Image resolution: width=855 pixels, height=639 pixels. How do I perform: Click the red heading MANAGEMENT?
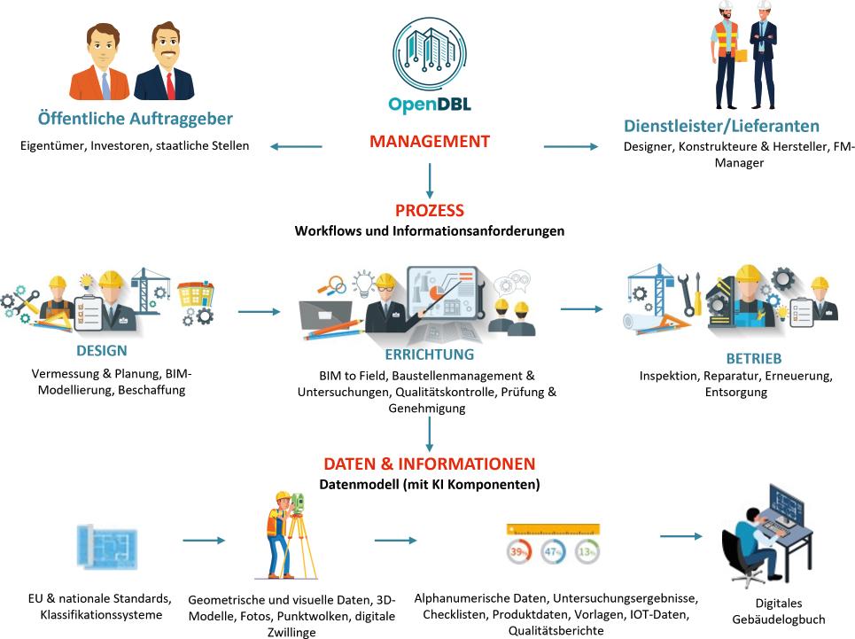tap(429, 141)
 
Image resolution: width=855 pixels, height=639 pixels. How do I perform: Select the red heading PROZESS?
tap(429, 211)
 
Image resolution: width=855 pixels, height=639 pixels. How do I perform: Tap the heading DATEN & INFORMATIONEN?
tap(429, 464)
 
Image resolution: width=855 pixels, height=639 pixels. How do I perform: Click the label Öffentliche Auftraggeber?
tap(136, 118)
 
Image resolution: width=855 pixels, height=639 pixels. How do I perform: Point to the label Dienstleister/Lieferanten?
tap(721, 126)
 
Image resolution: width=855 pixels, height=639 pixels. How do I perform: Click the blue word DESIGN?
tap(102, 350)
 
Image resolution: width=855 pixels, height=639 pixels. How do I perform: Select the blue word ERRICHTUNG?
tap(430, 355)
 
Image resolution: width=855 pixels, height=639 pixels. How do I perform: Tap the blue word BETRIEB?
tap(753, 359)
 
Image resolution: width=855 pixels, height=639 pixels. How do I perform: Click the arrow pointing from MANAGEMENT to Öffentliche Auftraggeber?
tap(296, 146)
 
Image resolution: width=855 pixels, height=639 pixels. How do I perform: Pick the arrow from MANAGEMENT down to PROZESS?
tap(429, 180)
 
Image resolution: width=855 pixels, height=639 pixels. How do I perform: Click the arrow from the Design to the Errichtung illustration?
tap(258, 312)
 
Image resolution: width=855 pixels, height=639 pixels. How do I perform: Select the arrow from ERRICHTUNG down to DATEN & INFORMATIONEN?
tap(429, 434)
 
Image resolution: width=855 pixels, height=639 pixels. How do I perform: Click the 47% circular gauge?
tap(553, 551)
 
